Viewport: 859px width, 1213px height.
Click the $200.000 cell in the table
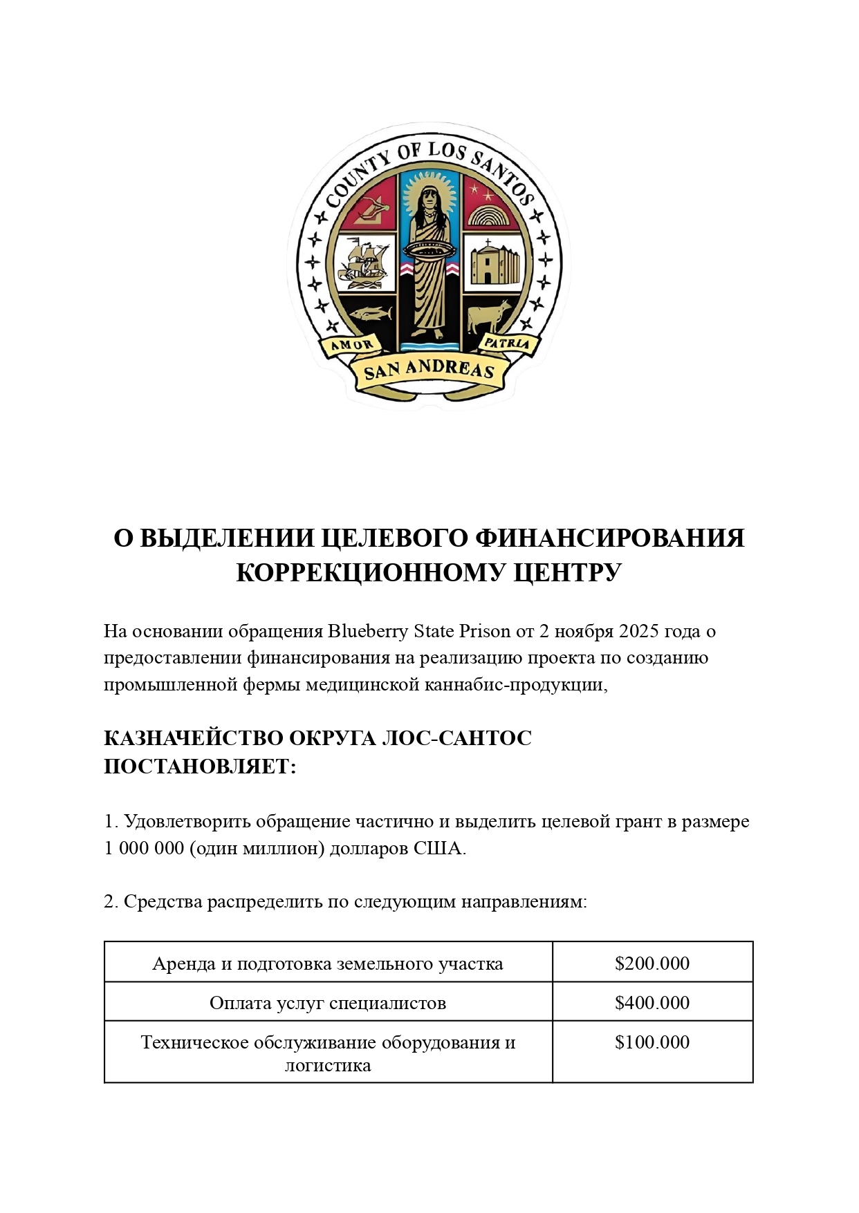(652, 963)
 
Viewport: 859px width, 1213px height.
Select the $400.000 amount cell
(652, 1002)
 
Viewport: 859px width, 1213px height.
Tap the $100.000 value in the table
(652, 1042)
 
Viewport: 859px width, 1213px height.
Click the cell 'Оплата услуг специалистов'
(328, 1002)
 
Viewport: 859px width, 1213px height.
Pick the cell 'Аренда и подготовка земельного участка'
(328, 963)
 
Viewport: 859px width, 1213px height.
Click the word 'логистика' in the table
(328, 1065)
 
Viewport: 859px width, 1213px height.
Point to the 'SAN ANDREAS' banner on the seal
(429, 370)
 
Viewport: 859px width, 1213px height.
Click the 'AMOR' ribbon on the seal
(352, 345)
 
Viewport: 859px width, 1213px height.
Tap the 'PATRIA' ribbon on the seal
(506, 343)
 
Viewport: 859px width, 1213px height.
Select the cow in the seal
(490, 316)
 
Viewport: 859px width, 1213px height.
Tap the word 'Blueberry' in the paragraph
(368, 631)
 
